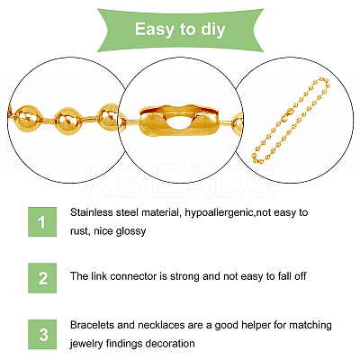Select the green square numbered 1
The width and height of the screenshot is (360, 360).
click(42, 222)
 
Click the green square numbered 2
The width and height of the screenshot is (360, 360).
click(42, 278)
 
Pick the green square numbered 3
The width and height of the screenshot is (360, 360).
click(42, 335)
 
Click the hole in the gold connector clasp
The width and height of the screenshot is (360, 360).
click(179, 123)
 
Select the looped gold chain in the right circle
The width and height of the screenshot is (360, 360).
click(291, 121)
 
